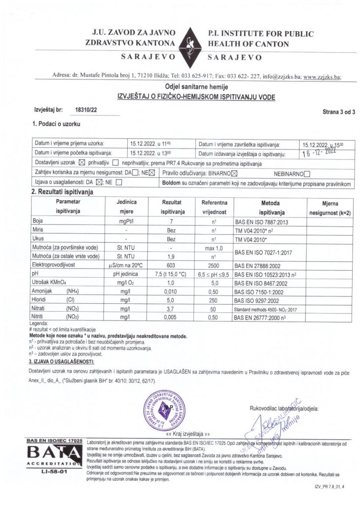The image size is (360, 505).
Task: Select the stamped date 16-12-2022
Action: (321, 153)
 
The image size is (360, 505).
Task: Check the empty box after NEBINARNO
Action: (307, 173)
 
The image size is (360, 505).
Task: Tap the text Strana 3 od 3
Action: (339, 112)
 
